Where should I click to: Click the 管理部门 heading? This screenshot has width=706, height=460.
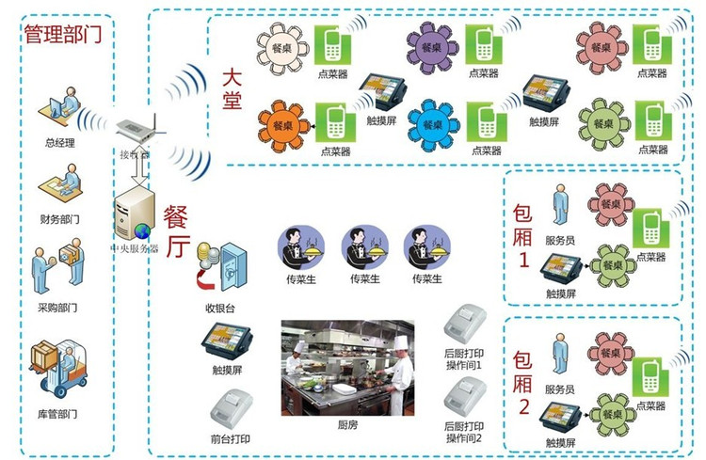(63, 36)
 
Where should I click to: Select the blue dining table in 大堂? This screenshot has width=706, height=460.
(434, 125)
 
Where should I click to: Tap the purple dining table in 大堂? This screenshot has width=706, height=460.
(434, 45)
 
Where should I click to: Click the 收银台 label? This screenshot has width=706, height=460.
(223, 308)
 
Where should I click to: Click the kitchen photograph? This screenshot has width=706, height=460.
(347, 369)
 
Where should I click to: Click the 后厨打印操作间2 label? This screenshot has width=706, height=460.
(464, 433)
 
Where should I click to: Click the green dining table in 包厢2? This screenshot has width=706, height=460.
(615, 414)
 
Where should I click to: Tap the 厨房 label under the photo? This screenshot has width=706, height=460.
(347, 425)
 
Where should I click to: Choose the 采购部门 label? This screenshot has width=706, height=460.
(61, 308)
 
